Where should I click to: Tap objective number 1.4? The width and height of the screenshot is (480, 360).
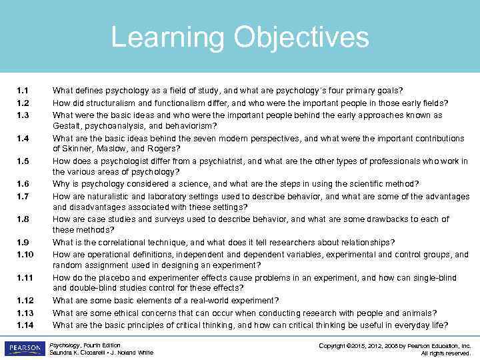point(23,139)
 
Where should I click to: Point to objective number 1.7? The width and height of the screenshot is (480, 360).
point(23,197)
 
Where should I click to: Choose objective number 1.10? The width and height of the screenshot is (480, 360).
point(25,255)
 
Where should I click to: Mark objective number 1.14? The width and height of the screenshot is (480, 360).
point(25,325)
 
